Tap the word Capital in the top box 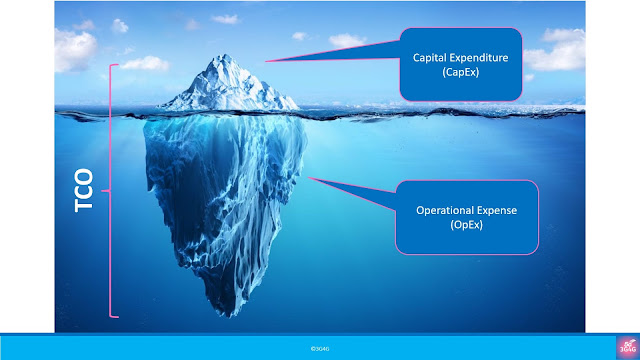point(433,57)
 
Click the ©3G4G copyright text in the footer point(320,347)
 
